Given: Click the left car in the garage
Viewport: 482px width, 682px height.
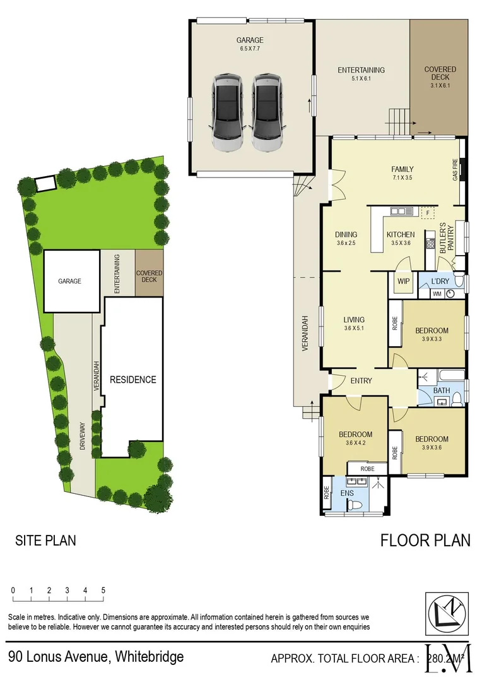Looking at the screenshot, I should [x=227, y=112].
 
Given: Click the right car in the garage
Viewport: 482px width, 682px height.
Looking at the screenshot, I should [x=267, y=112].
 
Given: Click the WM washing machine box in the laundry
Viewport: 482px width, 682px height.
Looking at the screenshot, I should [x=437, y=294].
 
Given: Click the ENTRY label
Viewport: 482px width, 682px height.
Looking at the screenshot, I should [x=361, y=381].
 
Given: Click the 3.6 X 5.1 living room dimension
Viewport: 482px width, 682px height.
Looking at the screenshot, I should [x=354, y=328].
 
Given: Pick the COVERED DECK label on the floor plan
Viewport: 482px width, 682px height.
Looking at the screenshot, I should [x=440, y=73].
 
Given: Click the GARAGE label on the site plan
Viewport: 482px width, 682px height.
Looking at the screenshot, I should [x=69, y=281].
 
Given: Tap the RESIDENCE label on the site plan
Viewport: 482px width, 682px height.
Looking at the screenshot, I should [x=132, y=380].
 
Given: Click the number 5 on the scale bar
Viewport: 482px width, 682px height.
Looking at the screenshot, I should [x=103, y=590].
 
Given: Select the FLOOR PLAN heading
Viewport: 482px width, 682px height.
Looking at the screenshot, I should [x=425, y=541].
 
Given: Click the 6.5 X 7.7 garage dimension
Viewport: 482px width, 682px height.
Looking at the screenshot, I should [x=250, y=48].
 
